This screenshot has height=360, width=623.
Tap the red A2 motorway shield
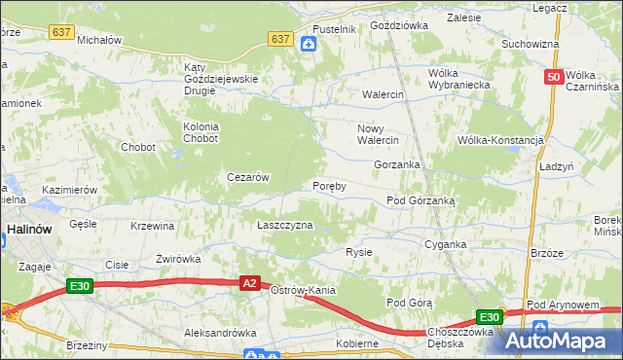click(249, 282)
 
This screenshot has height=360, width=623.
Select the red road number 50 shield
click(554, 77)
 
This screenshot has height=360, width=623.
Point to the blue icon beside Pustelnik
click(309, 44)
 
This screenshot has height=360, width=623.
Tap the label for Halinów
click(29, 231)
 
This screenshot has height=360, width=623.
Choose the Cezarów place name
click(247, 177)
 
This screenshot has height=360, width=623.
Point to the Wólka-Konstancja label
click(500, 140)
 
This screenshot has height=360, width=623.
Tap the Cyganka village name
click(445, 245)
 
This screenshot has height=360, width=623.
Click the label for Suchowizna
click(530, 44)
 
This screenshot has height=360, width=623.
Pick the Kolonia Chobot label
click(202, 132)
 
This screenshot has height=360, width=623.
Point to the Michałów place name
click(98, 41)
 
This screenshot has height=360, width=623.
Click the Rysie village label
click(359, 252)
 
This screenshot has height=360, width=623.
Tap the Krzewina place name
click(152, 226)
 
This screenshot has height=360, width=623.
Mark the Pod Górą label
click(409, 303)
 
